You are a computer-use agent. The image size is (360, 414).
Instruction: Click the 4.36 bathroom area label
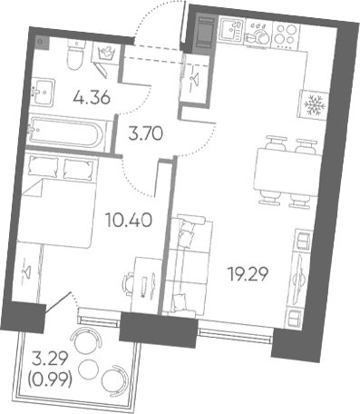[92, 98]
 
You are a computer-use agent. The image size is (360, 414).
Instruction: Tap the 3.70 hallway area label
[146, 133]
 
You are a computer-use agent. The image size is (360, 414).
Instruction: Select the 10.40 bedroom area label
[129, 220]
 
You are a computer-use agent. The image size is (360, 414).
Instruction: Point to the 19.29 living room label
[248, 274]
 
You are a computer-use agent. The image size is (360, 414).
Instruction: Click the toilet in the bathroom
[75, 54]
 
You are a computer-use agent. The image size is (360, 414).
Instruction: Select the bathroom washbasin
[44, 92]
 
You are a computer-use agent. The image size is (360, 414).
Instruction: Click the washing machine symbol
[105, 54]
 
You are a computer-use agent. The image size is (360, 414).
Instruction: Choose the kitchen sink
[231, 29]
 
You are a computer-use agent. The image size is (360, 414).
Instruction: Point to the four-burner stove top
[287, 34]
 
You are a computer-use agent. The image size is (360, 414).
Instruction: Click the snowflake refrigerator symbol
[315, 105]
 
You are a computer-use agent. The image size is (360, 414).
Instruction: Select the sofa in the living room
[189, 266]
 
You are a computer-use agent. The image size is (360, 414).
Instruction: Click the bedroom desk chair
[129, 284]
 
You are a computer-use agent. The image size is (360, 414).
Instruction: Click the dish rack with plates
[258, 33]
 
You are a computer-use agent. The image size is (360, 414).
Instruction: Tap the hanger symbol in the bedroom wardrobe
[27, 270]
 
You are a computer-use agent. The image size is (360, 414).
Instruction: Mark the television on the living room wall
[300, 274]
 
